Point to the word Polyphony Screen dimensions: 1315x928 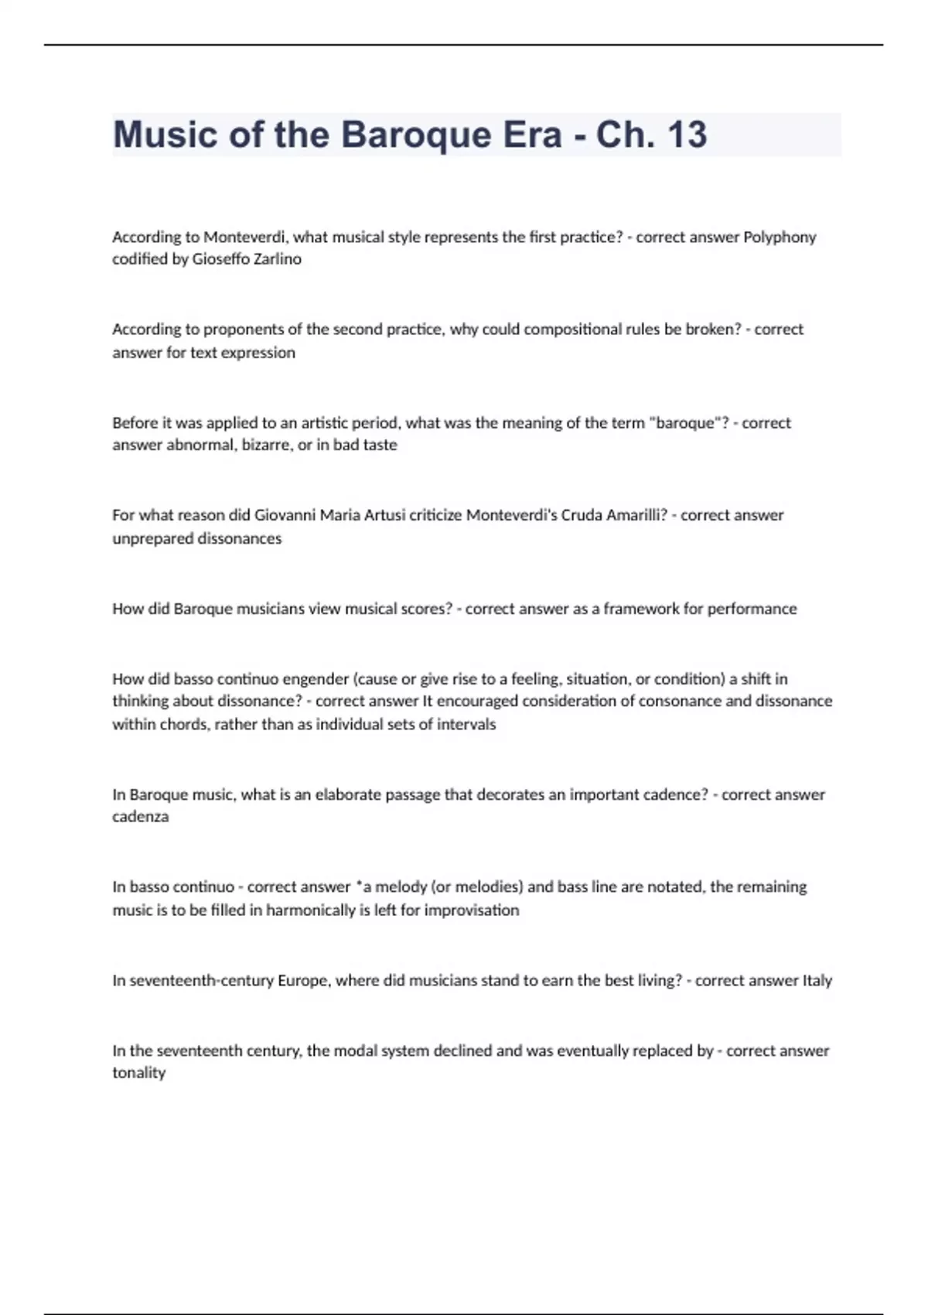click(780, 237)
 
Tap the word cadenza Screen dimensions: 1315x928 click(140, 817)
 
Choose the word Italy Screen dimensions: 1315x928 click(817, 981)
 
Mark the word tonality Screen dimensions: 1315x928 click(139, 1073)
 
